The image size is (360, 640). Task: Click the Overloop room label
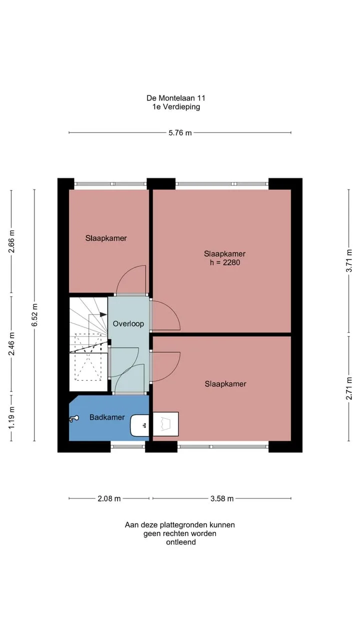coord(128,323)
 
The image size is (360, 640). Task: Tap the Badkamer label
coord(107,417)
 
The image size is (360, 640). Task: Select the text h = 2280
coord(225,262)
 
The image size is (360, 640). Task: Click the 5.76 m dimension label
coord(180,133)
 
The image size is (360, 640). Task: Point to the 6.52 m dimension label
coord(35,315)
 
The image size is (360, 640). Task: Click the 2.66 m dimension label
coord(11,241)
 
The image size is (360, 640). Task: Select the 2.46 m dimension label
coord(11,343)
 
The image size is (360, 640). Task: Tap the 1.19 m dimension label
coord(11,417)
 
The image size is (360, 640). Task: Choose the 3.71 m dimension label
coord(349,261)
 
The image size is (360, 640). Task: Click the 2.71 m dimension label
coord(349,388)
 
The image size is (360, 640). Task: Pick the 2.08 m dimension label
coord(109,498)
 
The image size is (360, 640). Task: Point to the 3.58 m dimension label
coord(222,498)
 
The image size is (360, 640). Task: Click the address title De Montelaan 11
coord(176,98)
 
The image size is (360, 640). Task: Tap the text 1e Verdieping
coord(176,107)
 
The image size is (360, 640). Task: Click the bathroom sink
coord(139,425)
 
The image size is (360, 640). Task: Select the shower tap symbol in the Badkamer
coord(74,419)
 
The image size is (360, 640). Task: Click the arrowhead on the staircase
coord(103,314)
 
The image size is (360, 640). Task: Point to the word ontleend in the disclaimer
coord(181,542)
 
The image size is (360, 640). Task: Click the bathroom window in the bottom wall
coord(128,446)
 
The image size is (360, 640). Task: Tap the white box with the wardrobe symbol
coord(165,424)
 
